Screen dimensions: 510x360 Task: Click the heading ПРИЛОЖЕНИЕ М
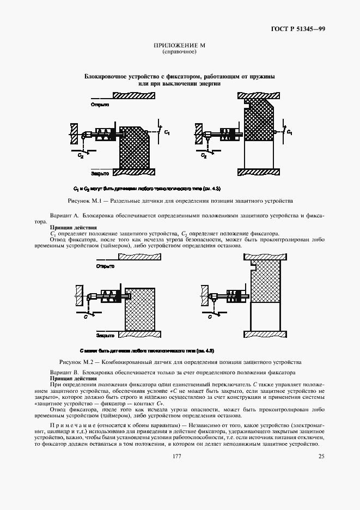(179, 46)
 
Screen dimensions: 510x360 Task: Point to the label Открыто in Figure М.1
(100, 104)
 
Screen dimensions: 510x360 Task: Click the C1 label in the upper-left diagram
(167, 132)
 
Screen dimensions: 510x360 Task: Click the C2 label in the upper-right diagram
(204, 155)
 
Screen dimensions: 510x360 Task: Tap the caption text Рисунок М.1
(82, 201)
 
